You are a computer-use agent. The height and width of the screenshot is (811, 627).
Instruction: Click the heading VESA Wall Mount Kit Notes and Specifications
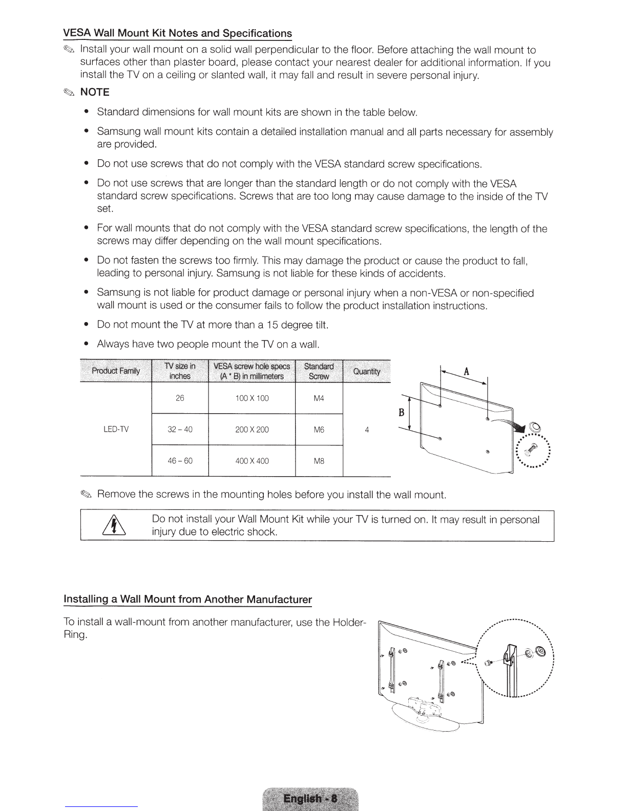point(177,33)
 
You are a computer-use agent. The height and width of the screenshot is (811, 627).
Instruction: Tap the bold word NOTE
point(95,92)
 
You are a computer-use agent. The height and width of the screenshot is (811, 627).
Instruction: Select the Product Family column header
point(116,371)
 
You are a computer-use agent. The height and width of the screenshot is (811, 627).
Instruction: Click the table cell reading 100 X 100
point(252,398)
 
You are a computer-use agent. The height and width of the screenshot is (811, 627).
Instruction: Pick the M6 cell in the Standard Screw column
point(319,430)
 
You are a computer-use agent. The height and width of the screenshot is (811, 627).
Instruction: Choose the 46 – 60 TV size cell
point(180,461)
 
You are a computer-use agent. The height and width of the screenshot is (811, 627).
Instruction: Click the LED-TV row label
point(116,429)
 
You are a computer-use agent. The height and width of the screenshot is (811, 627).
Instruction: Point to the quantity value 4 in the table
point(367,430)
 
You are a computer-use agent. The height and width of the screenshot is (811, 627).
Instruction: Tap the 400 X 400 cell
point(252,461)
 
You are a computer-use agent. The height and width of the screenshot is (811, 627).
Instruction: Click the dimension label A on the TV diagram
point(466,371)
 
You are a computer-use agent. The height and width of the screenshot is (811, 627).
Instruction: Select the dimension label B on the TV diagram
point(402,412)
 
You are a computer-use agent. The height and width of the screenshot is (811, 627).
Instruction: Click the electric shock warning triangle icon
point(114,525)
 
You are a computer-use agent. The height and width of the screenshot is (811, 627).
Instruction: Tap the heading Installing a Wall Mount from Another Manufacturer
point(187,599)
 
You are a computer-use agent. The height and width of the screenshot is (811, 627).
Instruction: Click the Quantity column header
point(367,371)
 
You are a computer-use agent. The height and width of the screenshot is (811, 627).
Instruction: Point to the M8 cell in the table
point(319,461)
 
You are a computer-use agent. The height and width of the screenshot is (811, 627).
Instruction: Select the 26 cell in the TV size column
point(180,398)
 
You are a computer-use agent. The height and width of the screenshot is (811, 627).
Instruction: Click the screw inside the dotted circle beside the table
point(531,450)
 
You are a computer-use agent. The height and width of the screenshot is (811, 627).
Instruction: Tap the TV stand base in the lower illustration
point(426,717)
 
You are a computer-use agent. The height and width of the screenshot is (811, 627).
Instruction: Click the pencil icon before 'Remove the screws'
point(86,495)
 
